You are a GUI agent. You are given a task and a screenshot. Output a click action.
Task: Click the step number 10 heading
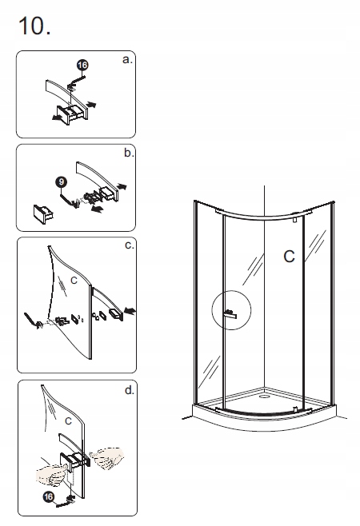pos(34,26)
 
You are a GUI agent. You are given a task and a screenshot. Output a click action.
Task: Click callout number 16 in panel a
pos(82,65)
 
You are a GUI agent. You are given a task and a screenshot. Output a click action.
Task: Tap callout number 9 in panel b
pos(61,182)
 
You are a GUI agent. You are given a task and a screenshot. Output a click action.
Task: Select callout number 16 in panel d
pos(49,496)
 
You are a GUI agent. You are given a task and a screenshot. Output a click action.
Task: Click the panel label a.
pos(127,60)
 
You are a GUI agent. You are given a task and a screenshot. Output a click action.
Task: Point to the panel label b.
pos(129,153)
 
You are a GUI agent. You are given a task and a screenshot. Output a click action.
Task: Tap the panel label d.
pos(130,390)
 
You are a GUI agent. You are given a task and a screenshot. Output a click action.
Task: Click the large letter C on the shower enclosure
pos(289,257)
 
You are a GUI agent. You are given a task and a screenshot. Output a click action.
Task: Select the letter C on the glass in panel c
pos(74,280)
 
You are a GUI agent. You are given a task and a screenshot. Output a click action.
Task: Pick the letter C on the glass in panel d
pos(68,421)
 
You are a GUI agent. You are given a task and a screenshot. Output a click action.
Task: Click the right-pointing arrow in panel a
pos(91,105)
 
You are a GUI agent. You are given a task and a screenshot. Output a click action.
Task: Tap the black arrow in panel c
pos(130,311)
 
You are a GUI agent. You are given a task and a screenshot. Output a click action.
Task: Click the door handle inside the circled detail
pos(230,314)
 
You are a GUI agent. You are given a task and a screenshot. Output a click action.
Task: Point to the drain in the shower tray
pos(264,396)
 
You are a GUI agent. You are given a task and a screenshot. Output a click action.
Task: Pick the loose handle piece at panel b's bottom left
pos(43,214)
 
